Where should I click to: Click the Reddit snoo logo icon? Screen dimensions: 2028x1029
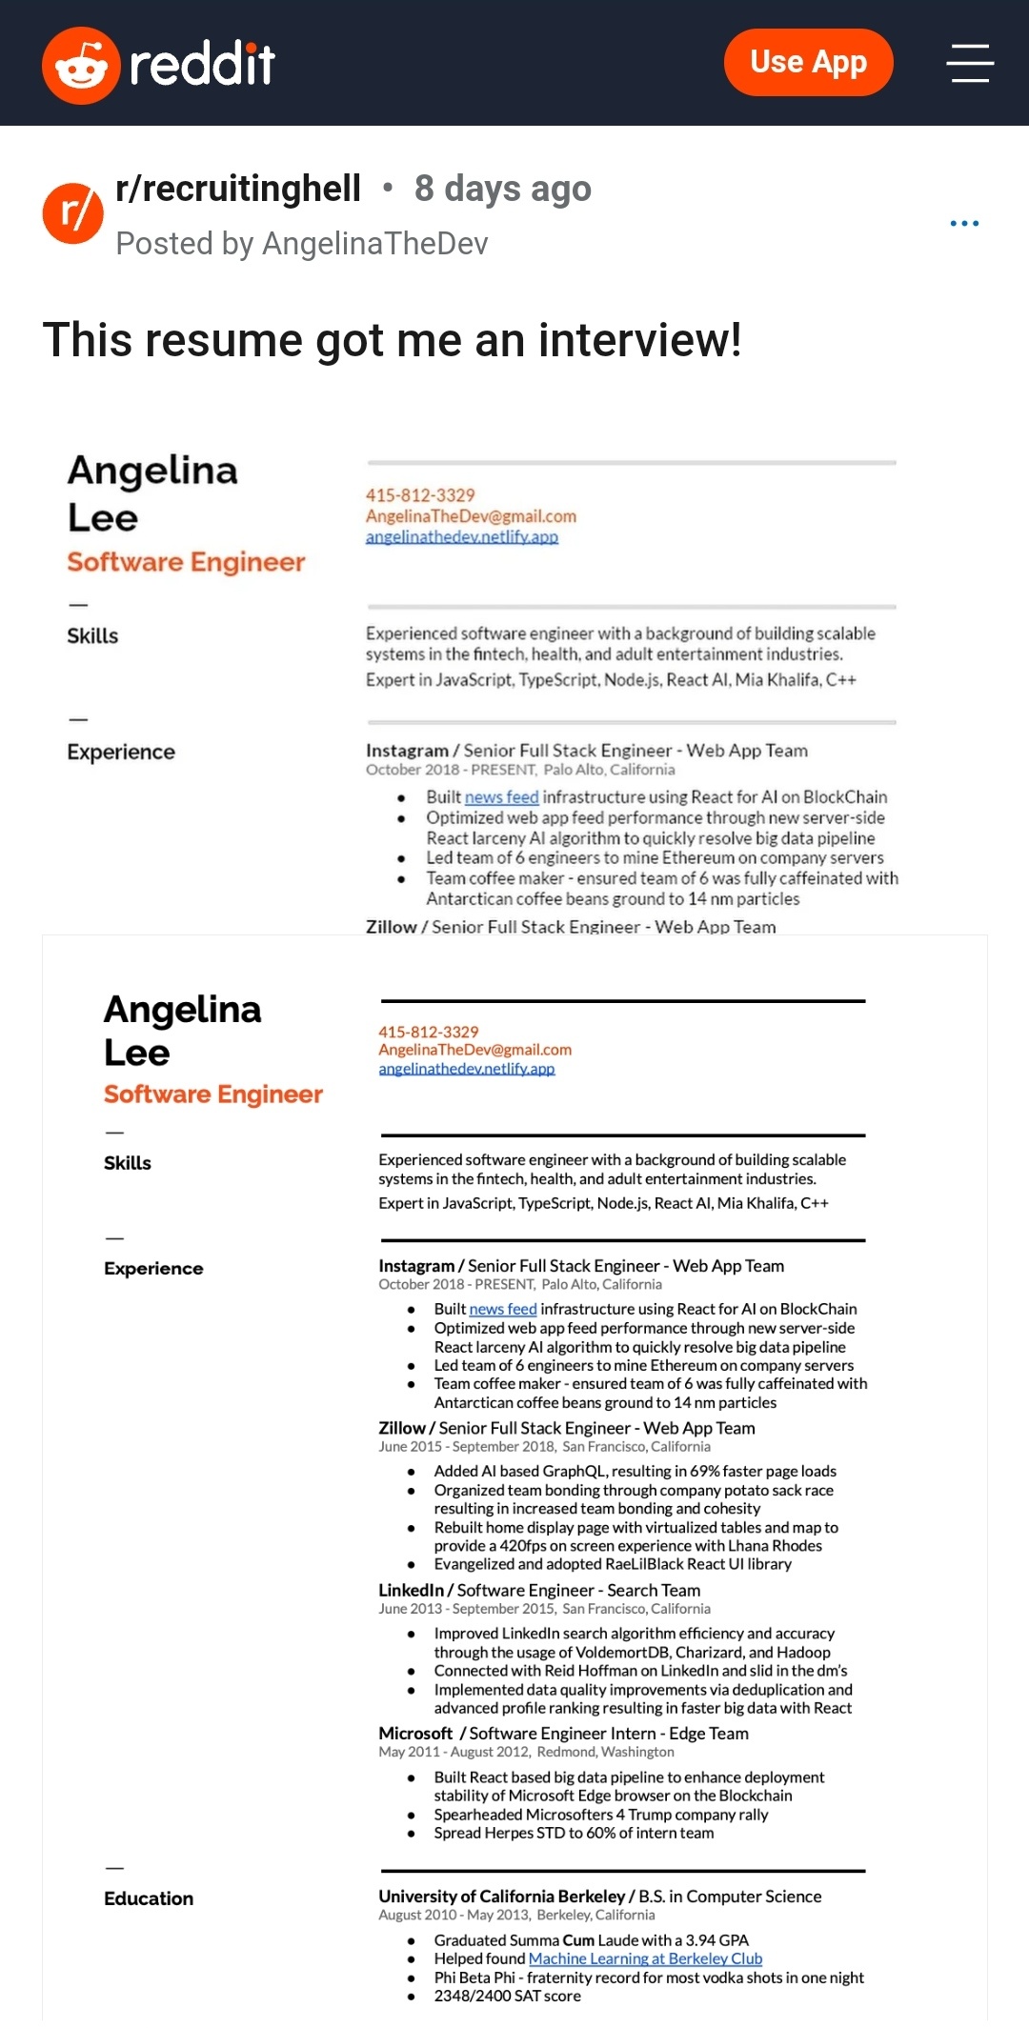(81, 65)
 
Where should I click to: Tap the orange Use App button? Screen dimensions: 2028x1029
(808, 63)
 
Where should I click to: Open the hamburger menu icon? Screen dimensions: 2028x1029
(970, 63)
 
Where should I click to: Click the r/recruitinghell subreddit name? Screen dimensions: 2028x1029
(238, 189)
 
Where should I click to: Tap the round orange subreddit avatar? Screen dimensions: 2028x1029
(72, 213)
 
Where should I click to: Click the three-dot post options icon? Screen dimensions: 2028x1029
(964, 223)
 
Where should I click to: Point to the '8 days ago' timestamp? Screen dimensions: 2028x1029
(502, 189)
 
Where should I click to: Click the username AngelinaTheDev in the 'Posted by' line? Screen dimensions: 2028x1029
(374, 244)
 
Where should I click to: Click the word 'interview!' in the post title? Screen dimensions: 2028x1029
(639, 340)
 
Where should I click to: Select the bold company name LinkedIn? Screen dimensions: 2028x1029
(411, 1590)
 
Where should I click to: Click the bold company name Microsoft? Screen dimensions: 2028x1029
(415, 1733)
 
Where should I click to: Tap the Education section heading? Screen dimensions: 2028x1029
(149, 1898)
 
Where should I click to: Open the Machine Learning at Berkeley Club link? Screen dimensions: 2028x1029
(645, 1958)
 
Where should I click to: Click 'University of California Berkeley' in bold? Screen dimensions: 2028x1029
(501, 1896)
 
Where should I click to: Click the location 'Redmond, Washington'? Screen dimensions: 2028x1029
(605, 1752)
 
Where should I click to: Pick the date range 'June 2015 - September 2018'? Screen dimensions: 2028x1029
(466, 1446)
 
